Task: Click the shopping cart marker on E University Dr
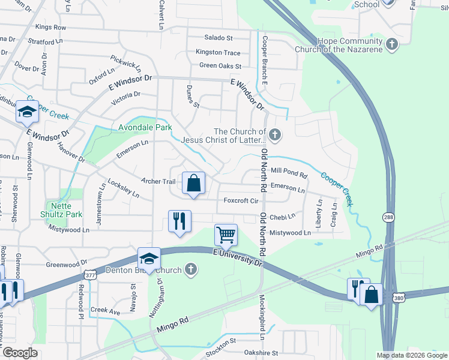tap(226, 235)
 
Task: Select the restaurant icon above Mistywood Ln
tap(179, 221)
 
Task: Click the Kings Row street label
tap(50, 28)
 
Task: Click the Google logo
tap(20, 353)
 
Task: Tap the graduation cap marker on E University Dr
tap(148, 259)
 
